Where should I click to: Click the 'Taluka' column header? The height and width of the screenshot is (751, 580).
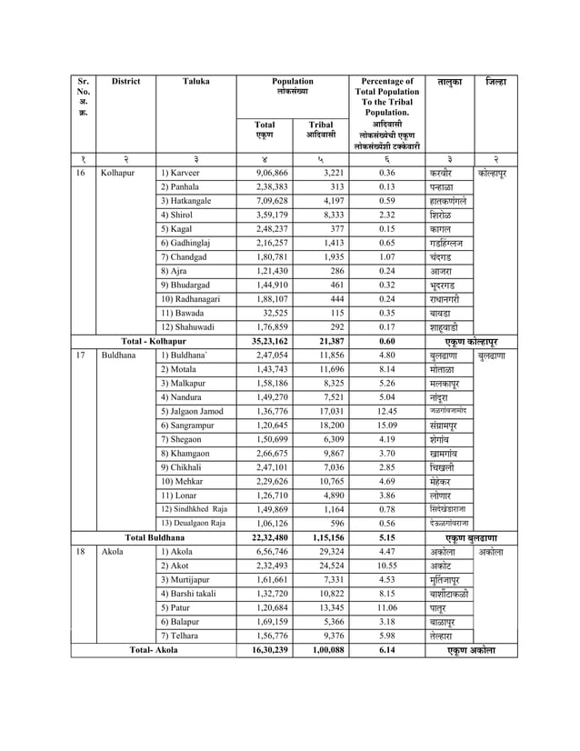click(x=195, y=82)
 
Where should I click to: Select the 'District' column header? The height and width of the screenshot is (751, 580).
click(x=125, y=82)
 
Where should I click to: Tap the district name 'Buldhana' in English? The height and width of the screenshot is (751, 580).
click(x=119, y=355)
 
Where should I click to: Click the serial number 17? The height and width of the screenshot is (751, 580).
click(x=81, y=355)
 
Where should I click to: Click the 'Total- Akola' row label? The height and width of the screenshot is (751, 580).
click(x=153, y=650)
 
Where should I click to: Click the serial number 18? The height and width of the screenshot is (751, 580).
click(x=81, y=551)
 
